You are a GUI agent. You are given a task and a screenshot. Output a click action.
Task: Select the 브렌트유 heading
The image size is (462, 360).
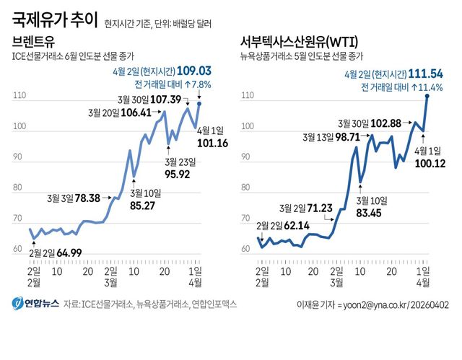[x=33, y=40]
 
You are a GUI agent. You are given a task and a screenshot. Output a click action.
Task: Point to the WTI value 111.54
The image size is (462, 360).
[x=423, y=74]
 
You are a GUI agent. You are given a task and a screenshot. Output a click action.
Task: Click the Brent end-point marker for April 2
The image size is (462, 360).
[x=200, y=104]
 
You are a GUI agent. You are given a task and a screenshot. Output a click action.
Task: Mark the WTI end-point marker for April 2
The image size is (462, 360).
[x=427, y=95]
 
